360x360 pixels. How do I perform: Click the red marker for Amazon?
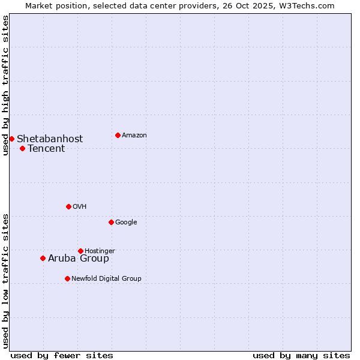pos(118,135)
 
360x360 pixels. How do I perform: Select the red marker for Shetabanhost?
pos(11,139)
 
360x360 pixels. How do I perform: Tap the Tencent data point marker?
pos(22,148)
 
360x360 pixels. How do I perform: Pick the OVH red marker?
pos(68,206)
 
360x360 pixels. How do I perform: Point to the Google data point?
pos(111,222)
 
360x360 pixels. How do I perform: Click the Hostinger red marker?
pos(80,251)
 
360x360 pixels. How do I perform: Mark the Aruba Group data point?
pos(43,258)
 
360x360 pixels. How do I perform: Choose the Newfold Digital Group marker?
pos(67,278)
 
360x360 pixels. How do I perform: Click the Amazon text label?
pos(134,136)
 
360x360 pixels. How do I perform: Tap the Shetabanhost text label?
pos(50,139)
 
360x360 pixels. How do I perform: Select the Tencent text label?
pos(46,149)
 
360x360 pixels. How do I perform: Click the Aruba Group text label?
pos(79,259)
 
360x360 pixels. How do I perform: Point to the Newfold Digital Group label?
pos(106,278)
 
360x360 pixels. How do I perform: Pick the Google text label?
pos(126,222)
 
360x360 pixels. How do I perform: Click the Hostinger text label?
pos(100,251)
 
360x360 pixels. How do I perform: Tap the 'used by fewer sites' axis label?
pos(62,356)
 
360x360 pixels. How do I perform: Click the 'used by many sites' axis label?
pos(301,356)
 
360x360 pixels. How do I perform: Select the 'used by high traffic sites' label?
pos(6,85)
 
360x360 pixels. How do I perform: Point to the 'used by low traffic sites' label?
pos(6,281)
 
